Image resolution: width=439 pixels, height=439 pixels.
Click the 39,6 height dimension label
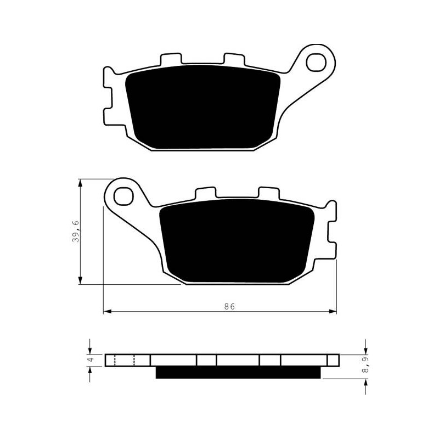point(76,231)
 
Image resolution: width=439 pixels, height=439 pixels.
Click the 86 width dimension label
point(229,307)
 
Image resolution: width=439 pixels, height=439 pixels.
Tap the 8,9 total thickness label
point(365,364)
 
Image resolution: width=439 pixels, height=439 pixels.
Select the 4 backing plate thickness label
point(91,360)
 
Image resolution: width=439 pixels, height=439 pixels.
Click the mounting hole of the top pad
point(317,63)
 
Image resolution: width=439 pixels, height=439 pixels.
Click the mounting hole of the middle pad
point(123,196)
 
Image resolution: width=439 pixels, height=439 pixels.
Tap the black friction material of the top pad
point(202,107)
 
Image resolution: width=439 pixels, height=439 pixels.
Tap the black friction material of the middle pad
point(237,241)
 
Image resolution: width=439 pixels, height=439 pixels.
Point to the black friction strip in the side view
point(238,373)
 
